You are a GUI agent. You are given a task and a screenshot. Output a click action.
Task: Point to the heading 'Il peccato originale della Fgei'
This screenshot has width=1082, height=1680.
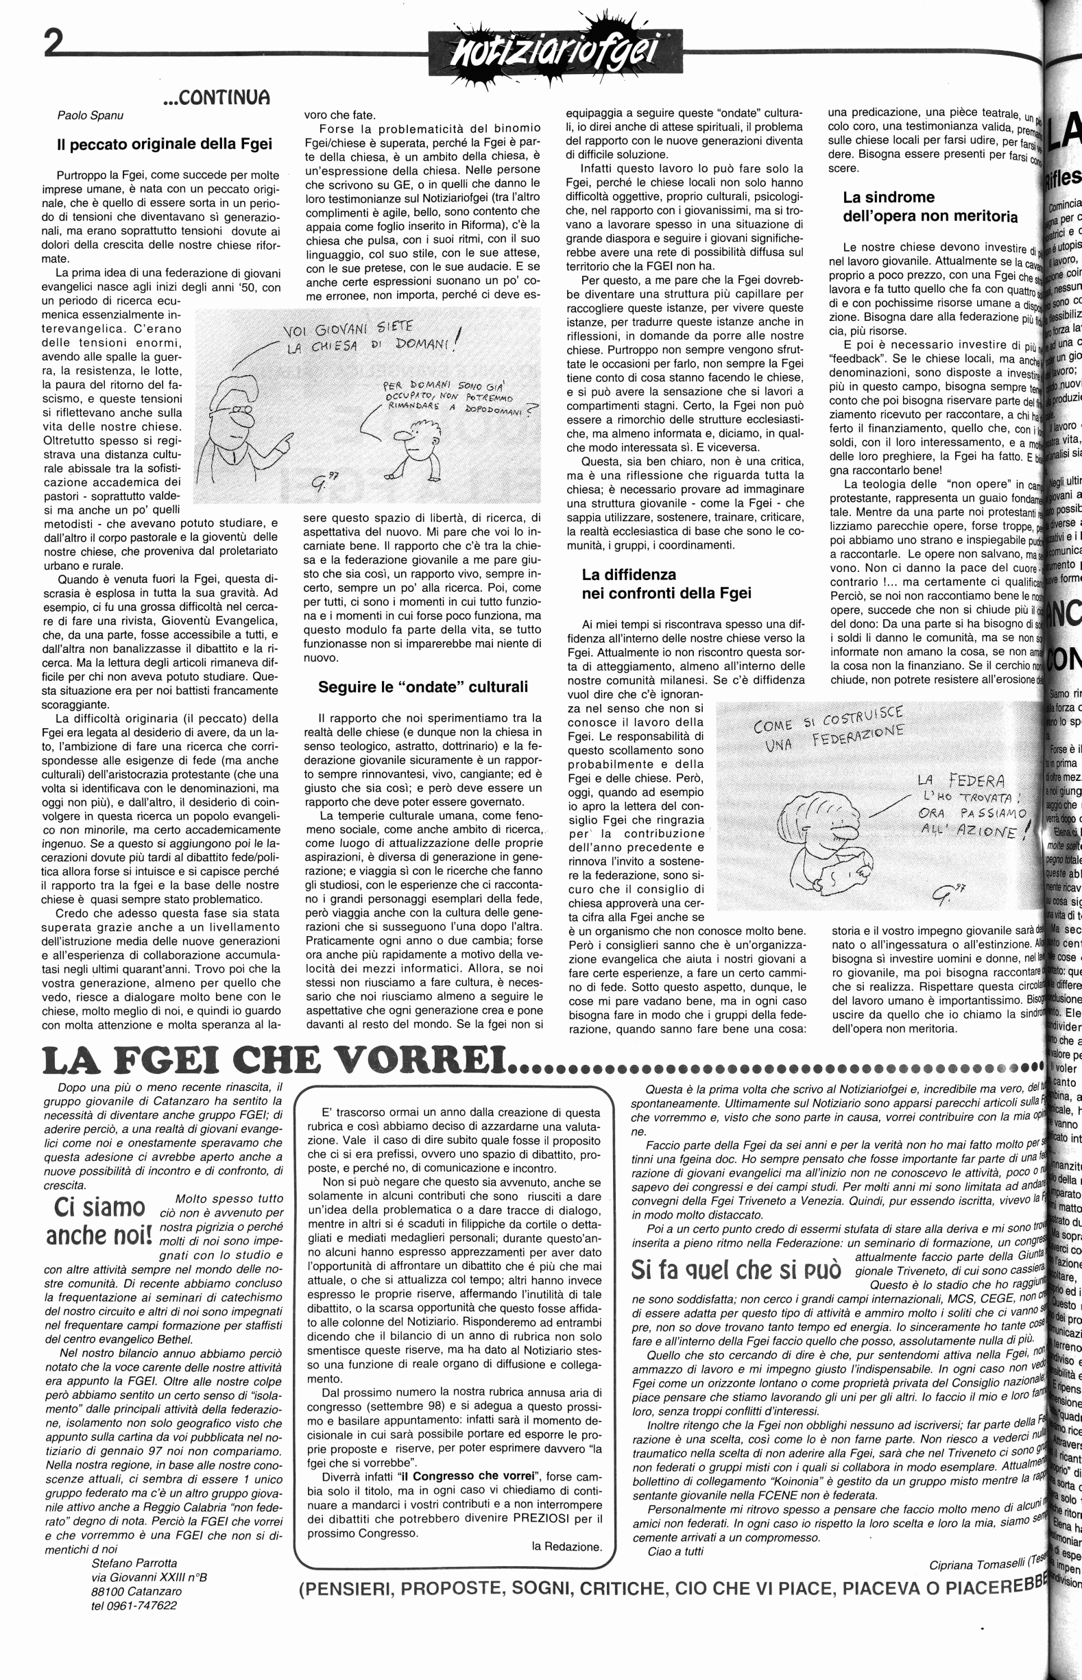[x=164, y=145]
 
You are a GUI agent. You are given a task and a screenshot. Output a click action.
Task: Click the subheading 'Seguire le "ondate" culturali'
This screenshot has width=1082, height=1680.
[x=422, y=687]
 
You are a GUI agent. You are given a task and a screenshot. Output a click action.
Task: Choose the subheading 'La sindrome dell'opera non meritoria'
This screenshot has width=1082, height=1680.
[x=930, y=206]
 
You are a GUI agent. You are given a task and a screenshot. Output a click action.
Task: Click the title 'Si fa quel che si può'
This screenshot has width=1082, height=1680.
[x=736, y=1270]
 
